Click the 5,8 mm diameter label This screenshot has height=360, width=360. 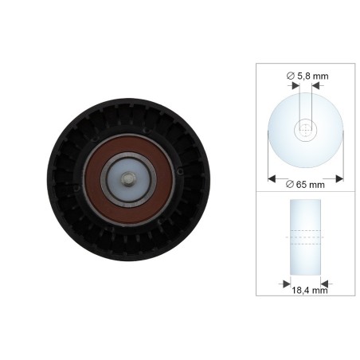[307, 76]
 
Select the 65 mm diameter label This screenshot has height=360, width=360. [305, 184]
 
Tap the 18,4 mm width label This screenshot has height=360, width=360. [310, 290]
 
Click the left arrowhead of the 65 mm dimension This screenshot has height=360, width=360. [272, 178]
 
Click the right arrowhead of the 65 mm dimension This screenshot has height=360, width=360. [339, 178]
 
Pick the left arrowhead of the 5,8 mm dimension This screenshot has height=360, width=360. [295, 85]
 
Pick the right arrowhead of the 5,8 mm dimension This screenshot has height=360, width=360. [315, 85]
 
